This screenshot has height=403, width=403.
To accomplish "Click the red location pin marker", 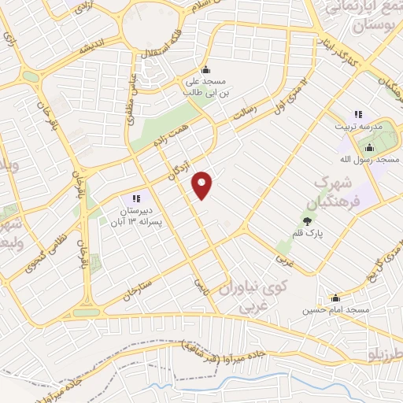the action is [203, 184].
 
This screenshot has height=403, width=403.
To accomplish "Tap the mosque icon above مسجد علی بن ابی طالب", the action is [206, 68].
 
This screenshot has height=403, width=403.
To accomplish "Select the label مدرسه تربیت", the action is [360, 127].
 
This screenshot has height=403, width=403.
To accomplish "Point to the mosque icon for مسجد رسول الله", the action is [368, 146].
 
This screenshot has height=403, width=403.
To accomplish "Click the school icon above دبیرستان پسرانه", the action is [135, 198].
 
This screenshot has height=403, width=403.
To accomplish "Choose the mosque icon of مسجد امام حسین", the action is [336, 298].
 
